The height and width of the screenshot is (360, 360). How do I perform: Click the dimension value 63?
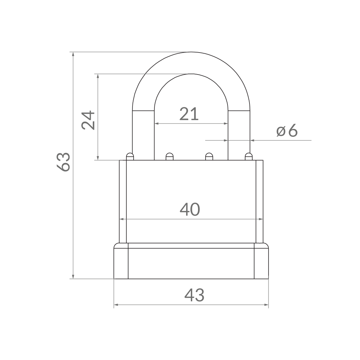tap(63, 162)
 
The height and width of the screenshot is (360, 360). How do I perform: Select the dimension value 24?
tap(88, 120)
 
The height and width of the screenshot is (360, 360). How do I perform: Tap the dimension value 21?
tap(189, 114)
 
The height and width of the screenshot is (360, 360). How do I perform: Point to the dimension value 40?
tap(190, 210)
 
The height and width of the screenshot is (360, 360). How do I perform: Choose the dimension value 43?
tap(194, 295)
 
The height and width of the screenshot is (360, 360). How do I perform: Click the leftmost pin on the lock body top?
tap(130, 156)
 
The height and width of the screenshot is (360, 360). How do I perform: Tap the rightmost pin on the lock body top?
tap(248, 156)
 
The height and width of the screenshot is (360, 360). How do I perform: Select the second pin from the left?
tap(169, 156)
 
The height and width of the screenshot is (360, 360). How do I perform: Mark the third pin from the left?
tap(209, 156)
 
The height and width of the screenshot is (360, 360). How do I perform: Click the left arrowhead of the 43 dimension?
tap(116, 305)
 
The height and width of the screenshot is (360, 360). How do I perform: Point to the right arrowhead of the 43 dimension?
tap(266, 305)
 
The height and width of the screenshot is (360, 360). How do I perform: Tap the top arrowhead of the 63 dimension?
tap(73, 54)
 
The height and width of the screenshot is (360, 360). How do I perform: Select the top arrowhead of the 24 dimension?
tap(98, 76)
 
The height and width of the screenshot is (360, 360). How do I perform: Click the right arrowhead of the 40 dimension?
tap(261, 219)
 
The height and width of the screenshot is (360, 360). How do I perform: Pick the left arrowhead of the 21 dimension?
tap(157, 123)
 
